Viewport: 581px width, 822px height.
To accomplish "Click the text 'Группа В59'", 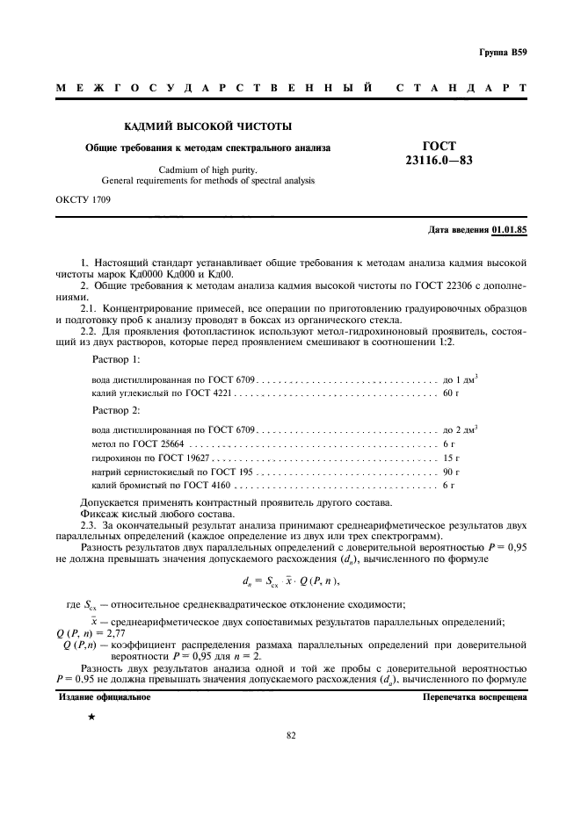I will click(x=503, y=53).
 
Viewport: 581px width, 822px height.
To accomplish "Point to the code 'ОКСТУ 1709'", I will click(x=84, y=199).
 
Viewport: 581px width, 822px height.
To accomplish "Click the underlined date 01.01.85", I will click(x=510, y=229).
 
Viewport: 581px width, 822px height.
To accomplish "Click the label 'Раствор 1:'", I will click(x=116, y=361).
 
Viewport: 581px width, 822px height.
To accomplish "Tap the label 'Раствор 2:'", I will click(x=116, y=411).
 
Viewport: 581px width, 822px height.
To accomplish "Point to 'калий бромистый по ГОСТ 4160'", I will click(x=161, y=485).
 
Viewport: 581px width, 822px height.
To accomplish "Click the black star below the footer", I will click(x=91, y=718).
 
